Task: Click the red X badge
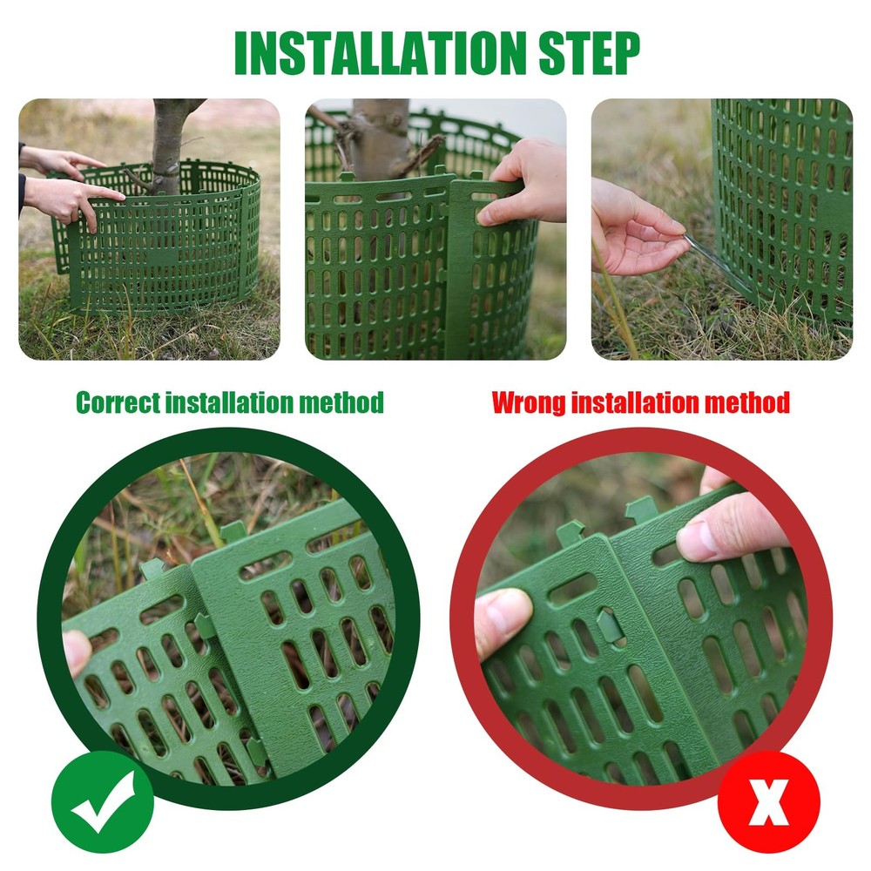(x=768, y=802)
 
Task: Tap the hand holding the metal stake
(x=636, y=231)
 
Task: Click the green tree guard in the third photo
(x=784, y=200)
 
